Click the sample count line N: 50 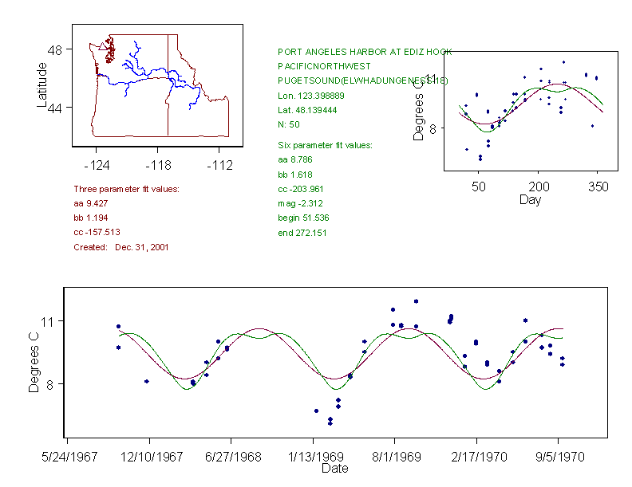click(x=289, y=125)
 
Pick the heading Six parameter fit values click(x=319, y=145)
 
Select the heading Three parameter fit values click(x=126, y=189)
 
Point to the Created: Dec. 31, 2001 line click(x=121, y=247)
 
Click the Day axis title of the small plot click(x=529, y=199)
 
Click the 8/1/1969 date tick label click(x=394, y=457)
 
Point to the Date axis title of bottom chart click(x=334, y=469)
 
